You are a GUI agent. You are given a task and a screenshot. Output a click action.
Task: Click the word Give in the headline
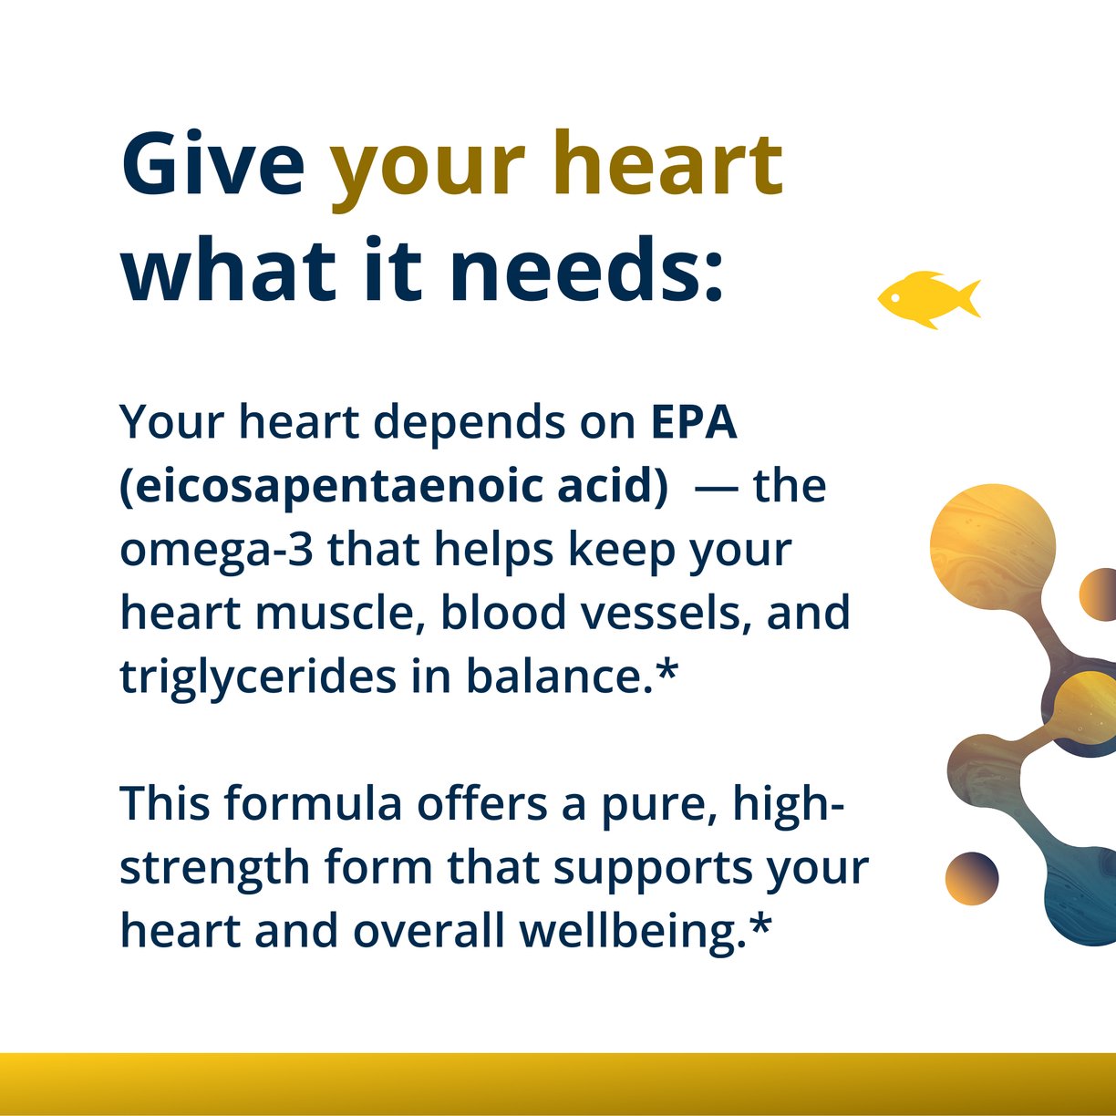(212, 164)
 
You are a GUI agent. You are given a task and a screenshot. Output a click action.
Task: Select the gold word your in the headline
(427, 169)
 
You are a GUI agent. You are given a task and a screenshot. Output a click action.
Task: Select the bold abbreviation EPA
(693, 422)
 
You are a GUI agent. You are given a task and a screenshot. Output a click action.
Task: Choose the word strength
(215, 869)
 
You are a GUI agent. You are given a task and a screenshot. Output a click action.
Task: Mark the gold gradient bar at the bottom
(558, 1083)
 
